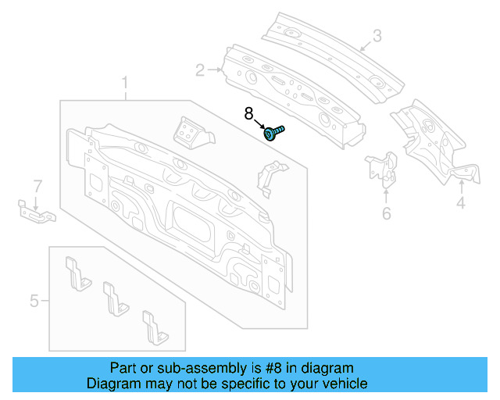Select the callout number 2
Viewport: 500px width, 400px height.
pyautogui.click(x=200, y=71)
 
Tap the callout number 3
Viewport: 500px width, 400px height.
pyautogui.click(x=377, y=36)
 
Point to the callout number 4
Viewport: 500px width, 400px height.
pyautogui.click(x=461, y=204)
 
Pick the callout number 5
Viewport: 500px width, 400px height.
pyautogui.click(x=34, y=300)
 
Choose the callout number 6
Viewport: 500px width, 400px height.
pyautogui.click(x=386, y=213)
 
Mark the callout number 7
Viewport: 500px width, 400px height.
pyautogui.click(x=36, y=186)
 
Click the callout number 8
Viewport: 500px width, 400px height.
pyautogui.click(x=249, y=114)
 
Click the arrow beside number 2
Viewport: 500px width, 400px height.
pyautogui.click(x=214, y=70)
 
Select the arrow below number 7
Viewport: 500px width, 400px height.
pyautogui.click(x=36, y=201)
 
